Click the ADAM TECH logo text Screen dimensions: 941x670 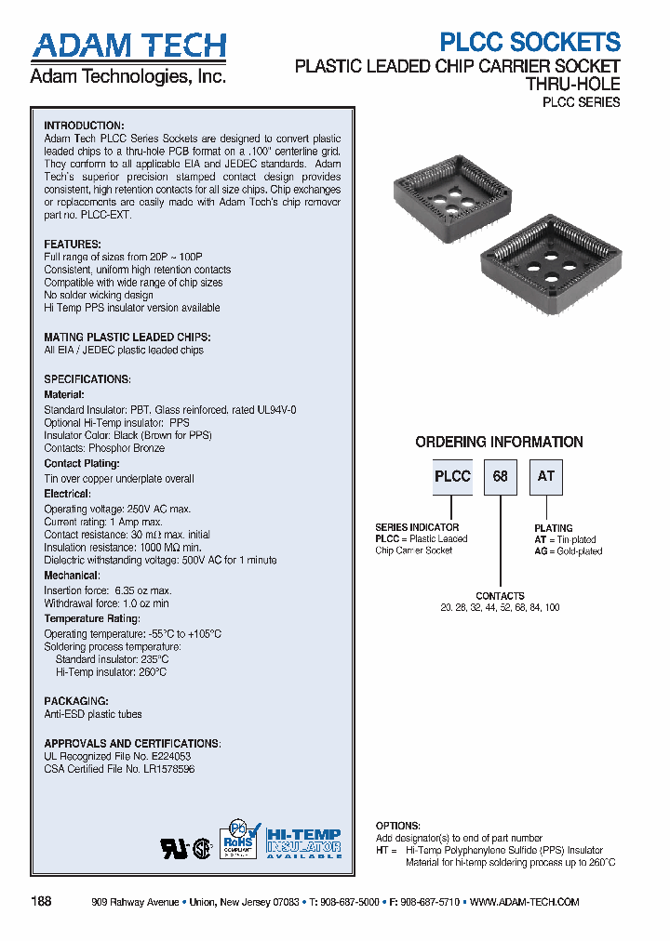tap(128, 46)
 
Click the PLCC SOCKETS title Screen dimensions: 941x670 tap(529, 42)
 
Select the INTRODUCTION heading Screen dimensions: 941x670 tap(84, 126)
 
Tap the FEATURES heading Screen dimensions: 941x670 tap(73, 245)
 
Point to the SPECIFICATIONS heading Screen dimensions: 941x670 tap(87, 379)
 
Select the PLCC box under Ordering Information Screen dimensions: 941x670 tap(452, 476)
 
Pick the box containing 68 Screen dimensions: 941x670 tap(501, 476)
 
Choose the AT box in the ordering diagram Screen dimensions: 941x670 tap(546, 476)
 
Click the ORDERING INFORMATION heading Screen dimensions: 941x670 tap(499, 443)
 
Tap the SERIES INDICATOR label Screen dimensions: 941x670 tap(417, 527)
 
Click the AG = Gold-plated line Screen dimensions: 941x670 tap(568, 551)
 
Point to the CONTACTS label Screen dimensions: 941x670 tap(500, 596)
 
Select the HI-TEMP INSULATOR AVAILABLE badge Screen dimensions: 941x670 tap(303, 842)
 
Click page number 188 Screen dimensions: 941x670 tap(42, 902)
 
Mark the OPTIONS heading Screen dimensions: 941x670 tap(398, 826)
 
